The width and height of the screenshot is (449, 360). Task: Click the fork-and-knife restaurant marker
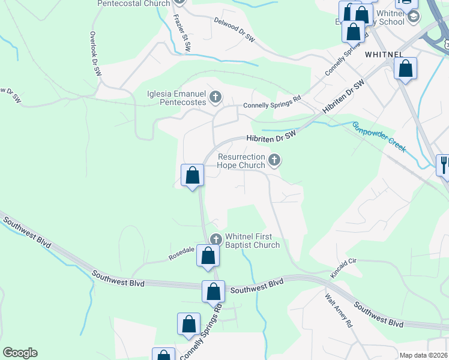(444, 163)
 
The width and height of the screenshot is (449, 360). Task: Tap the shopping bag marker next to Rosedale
(208, 256)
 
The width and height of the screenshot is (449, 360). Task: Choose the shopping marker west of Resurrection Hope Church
(193, 175)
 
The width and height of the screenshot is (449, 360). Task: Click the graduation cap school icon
(413, 17)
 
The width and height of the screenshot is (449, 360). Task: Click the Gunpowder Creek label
(379, 136)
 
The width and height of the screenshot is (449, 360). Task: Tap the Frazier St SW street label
(182, 32)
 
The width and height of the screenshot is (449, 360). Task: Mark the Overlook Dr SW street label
(95, 53)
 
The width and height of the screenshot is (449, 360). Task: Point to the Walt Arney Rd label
(338, 310)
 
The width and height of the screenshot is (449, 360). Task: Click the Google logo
(20, 353)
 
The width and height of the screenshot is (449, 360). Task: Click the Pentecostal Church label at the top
(134, 4)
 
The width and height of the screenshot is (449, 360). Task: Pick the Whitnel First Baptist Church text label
(252, 241)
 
